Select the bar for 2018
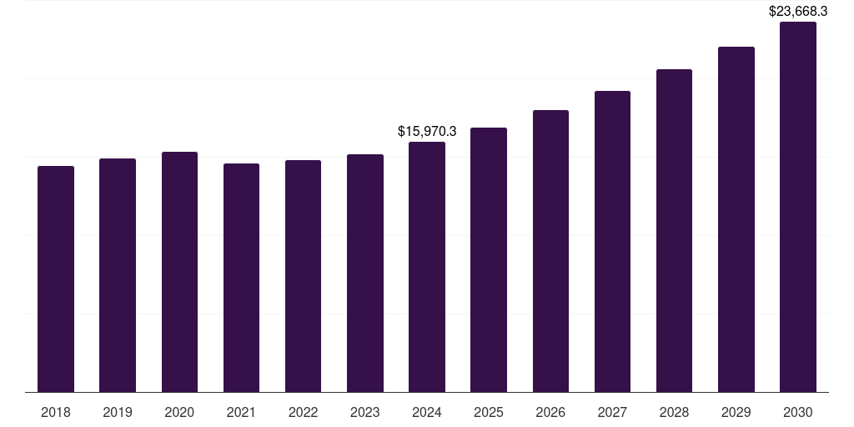click(x=56, y=279)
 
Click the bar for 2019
click(x=118, y=275)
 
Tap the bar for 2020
click(x=179, y=272)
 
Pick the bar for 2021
click(x=241, y=278)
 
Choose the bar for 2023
click(x=365, y=274)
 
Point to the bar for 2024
click(x=427, y=267)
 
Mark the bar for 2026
click(x=550, y=251)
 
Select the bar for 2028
click(x=674, y=231)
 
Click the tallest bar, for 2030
click(x=798, y=207)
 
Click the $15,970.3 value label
click(x=427, y=132)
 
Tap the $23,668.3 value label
click(x=798, y=12)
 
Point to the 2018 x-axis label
click(x=56, y=413)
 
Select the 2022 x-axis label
click(x=303, y=413)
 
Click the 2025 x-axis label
click(x=489, y=413)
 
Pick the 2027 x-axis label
click(x=612, y=413)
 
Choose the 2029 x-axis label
click(x=736, y=413)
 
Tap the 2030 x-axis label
click(x=798, y=413)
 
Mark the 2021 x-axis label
click(x=241, y=413)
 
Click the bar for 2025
click(x=489, y=260)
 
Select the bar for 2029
click(x=736, y=219)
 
